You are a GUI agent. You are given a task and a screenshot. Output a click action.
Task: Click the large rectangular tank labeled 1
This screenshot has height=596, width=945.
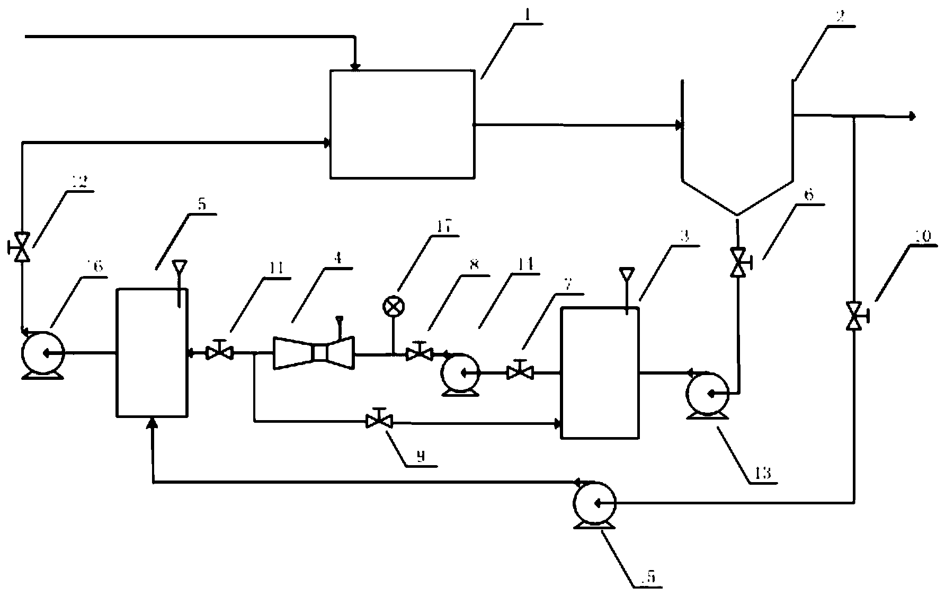402,123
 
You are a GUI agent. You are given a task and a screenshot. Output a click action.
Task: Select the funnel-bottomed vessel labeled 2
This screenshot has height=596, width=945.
737,154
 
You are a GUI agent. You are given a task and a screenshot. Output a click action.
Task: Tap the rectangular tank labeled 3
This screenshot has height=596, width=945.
600,372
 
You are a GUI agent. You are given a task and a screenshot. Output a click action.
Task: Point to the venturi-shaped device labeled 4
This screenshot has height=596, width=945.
314,352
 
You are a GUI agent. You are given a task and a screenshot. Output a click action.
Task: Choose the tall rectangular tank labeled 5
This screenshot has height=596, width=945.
152,352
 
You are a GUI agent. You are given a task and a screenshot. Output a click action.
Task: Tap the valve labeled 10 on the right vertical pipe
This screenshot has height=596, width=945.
854,316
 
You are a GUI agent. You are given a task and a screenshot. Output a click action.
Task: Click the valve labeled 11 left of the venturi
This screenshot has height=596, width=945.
219,352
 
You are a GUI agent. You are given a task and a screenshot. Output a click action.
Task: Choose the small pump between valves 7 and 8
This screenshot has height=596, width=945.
460,373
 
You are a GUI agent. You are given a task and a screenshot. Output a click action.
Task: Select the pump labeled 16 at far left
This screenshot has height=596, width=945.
42,352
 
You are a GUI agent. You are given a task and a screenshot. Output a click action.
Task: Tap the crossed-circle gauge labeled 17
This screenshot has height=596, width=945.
394,306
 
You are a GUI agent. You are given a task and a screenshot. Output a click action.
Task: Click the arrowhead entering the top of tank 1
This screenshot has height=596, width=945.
356,67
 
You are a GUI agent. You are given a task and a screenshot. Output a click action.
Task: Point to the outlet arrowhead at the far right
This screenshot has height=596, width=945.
912,117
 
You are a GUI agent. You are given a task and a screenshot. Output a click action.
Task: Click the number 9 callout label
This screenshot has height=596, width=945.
421,457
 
